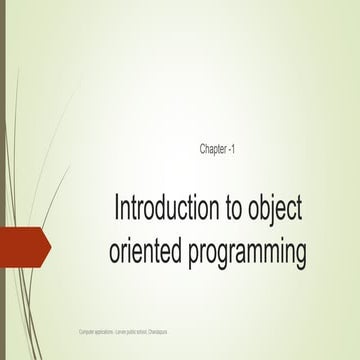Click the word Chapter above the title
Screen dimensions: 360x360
[214, 149]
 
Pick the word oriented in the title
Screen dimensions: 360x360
[141, 251]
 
